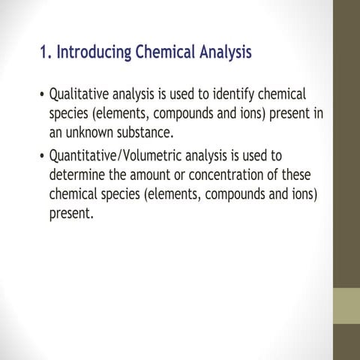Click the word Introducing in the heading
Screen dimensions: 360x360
(x=93, y=53)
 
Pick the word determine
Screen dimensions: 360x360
(x=80, y=175)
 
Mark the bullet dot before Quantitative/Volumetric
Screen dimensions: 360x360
(x=40, y=157)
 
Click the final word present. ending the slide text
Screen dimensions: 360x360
(x=71, y=214)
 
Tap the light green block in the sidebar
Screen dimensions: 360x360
(x=346, y=306)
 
